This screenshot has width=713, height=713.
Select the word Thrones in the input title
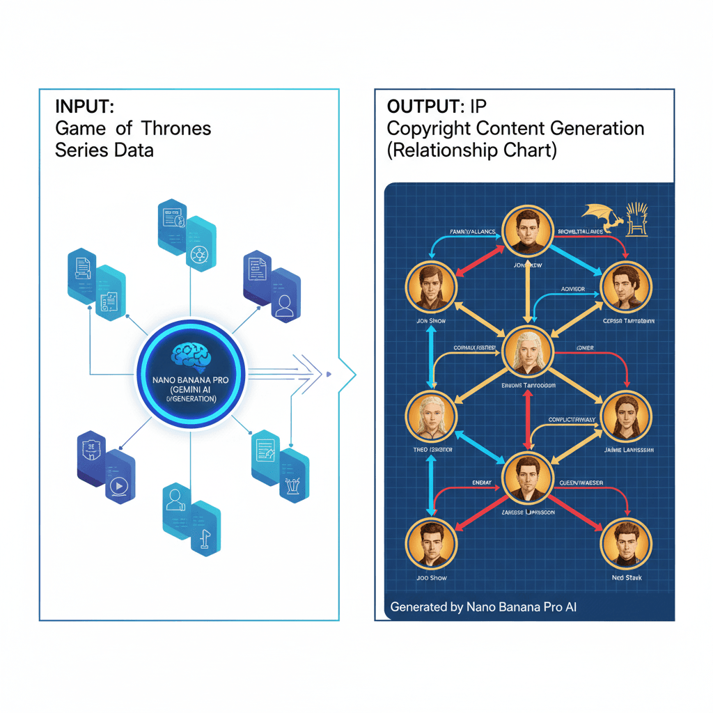pyautogui.click(x=176, y=129)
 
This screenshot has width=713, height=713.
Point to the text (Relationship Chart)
pyautogui.click(x=471, y=150)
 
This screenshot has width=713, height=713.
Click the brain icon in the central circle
pyautogui.click(x=190, y=354)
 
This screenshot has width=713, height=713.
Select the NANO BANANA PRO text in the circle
pyautogui.click(x=190, y=381)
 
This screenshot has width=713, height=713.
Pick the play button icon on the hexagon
pyautogui.click(x=120, y=485)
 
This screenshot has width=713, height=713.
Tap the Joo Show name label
pyautogui.click(x=432, y=578)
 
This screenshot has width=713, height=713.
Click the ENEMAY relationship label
pyautogui.click(x=482, y=483)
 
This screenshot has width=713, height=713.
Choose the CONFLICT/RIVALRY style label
pyautogui.click(x=572, y=420)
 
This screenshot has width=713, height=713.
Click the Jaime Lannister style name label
pyautogui.click(x=627, y=450)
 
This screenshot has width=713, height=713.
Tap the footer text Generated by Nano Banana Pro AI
pyautogui.click(x=483, y=607)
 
